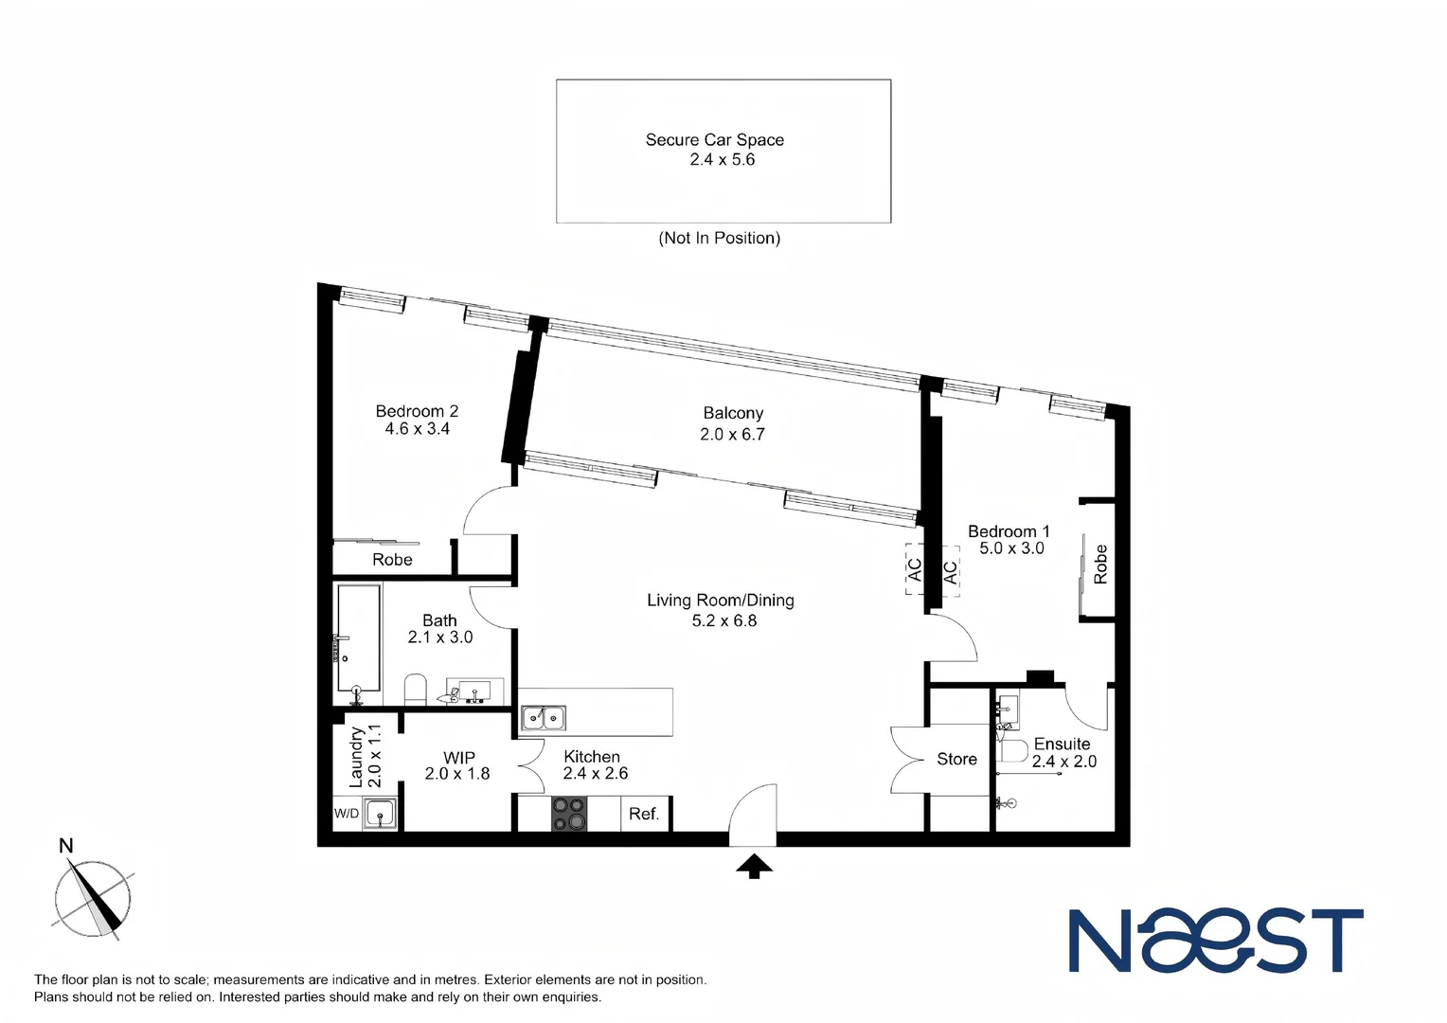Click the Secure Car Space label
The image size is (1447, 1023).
click(x=714, y=140)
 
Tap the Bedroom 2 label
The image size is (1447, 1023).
click(x=417, y=411)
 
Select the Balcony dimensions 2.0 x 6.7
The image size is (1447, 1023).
click(x=732, y=435)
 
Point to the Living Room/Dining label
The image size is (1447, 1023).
click(x=720, y=600)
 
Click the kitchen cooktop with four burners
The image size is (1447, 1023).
click(x=568, y=815)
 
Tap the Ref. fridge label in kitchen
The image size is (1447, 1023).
click(x=644, y=815)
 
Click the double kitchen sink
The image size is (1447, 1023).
click(x=544, y=718)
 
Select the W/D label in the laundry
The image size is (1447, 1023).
click(x=347, y=814)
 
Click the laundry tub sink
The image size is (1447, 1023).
click(x=380, y=814)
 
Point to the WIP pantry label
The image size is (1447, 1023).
click(x=459, y=758)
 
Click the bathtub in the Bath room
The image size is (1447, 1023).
click(x=359, y=637)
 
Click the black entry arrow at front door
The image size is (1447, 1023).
click(x=754, y=866)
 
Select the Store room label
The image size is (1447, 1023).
click(x=956, y=759)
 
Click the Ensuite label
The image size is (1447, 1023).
click(x=1062, y=745)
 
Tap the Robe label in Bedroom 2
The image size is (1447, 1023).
click(x=392, y=560)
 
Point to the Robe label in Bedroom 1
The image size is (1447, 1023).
click(x=1100, y=564)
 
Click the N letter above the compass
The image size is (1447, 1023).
click(x=66, y=846)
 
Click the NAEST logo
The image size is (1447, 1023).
click(x=1216, y=941)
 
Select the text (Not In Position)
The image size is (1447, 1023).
click(x=719, y=239)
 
